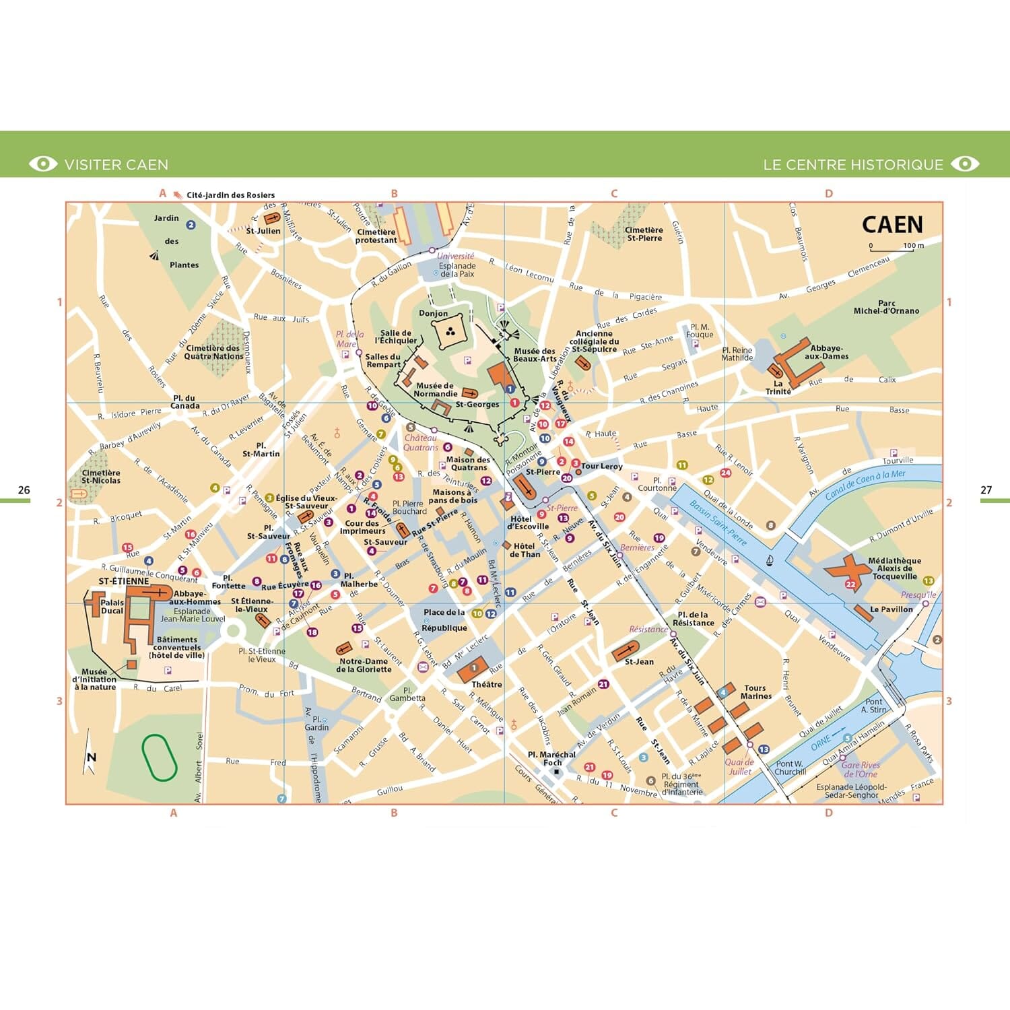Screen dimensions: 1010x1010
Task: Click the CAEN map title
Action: (892, 224)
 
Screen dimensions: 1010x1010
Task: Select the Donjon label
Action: (433, 313)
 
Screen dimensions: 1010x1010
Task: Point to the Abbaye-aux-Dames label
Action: (826, 352)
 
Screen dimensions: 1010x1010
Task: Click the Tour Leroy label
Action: (601, 466)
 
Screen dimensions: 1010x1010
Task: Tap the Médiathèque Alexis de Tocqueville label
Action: (894, 568)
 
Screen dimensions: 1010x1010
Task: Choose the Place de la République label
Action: (444, 620)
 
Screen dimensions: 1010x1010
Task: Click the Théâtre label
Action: (486, 684)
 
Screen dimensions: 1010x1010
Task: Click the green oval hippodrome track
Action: (159, 757)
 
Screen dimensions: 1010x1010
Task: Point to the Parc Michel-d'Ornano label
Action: (886, 307)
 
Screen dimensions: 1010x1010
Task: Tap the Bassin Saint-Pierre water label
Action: (718, 522)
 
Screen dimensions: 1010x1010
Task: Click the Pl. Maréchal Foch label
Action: (551, 758)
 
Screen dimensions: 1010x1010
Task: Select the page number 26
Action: (24, 490)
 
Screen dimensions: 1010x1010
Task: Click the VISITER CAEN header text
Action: (116, 165)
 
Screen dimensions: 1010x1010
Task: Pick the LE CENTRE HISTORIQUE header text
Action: (852, 165)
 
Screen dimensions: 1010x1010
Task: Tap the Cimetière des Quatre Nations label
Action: (213, 352)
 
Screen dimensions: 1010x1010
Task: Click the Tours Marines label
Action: (755, 692)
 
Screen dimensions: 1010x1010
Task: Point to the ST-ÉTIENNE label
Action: (124, 580)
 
